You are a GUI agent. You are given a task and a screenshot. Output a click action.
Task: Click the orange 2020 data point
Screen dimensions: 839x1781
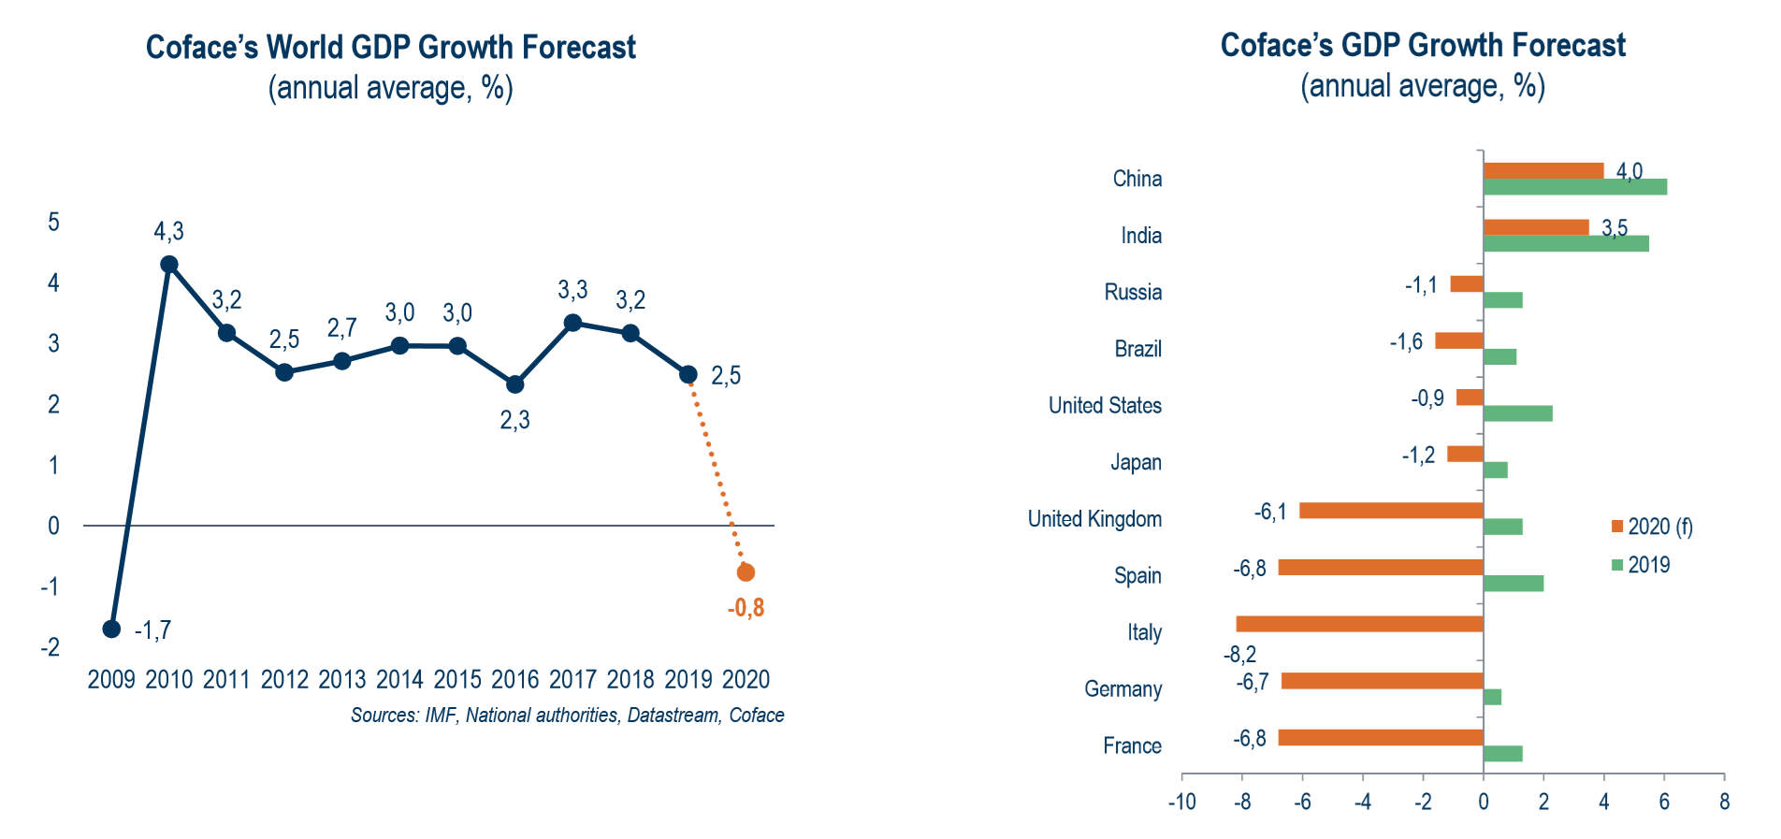pos(746,572)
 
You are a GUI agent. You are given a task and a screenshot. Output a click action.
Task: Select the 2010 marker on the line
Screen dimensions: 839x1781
pos(169,265)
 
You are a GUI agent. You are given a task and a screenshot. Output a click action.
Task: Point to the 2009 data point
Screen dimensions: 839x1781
pos(111,629)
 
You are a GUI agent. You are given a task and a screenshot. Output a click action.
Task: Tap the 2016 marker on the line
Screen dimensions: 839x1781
pos(514,384)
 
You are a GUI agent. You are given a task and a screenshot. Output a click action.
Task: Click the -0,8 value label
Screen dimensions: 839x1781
pos(746,608)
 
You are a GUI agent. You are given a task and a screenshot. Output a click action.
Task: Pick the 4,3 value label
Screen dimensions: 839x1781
pos(169,231)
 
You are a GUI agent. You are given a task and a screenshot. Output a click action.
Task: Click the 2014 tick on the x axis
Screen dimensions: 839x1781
pos(399,679)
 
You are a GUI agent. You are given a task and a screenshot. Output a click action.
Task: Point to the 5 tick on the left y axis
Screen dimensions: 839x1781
pos(54,222)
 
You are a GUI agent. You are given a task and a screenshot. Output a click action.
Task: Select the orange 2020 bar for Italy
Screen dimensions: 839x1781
pos(1359,624)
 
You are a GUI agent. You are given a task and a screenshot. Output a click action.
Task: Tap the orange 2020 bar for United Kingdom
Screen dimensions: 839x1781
pos(1391,511)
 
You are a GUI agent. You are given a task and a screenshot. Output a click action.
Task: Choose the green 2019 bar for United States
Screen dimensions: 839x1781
pos(1517,413)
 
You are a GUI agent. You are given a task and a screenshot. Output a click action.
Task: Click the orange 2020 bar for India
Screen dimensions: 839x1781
pos(1536,227)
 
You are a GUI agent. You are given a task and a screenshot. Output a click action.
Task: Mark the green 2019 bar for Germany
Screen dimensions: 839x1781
pos(1492,697)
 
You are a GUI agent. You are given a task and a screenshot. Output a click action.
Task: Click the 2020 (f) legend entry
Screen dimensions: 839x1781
pos(1652,527)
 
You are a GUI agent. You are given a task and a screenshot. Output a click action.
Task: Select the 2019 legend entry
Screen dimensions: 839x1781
pos(1641,565)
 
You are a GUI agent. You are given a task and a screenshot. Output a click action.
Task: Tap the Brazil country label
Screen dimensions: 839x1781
pos(1137,349)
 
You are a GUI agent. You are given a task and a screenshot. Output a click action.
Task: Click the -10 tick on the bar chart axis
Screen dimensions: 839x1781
pos(1181,802)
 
